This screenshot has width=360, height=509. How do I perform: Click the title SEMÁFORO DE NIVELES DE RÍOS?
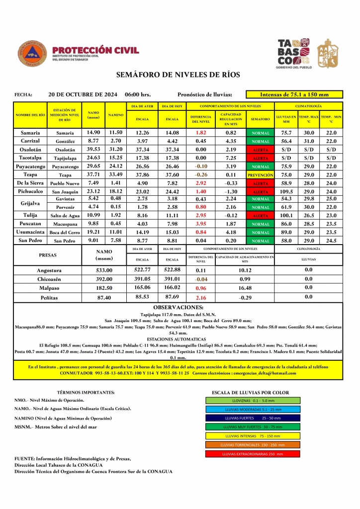178,75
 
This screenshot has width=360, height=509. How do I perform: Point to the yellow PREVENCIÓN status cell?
261,175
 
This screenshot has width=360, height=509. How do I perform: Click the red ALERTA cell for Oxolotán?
261,150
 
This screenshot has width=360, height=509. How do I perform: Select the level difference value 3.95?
201,224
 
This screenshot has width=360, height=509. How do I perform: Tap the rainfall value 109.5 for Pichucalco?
286,191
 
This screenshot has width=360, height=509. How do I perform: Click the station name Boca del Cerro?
64,233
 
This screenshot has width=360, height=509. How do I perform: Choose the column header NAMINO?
116,115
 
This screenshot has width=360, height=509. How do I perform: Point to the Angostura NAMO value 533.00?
104,270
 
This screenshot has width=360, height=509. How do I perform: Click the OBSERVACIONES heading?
178,308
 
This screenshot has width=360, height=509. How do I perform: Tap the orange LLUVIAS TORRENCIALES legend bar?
253,445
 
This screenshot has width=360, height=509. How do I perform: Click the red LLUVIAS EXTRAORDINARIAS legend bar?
253,454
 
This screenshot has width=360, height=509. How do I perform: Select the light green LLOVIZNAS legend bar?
253,400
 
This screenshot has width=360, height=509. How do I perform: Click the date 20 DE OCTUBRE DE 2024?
83,94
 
